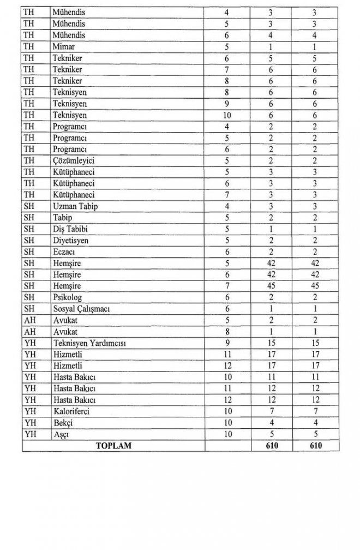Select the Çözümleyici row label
[x=74, y=160]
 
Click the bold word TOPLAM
[x=113, y=446]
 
